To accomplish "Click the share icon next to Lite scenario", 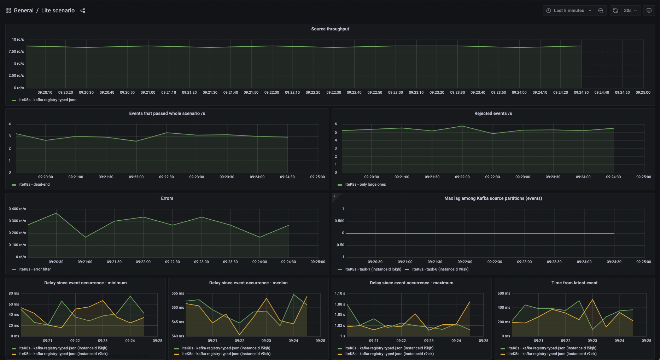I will [x=83, y=11].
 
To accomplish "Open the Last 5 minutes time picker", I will [x=568, y=11].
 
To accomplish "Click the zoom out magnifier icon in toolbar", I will [x=601, y=11].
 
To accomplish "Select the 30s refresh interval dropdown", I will [x=630, y=11].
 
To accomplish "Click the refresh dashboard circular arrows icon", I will [x=615, y=11].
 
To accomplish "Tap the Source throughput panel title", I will [x=330, y=29].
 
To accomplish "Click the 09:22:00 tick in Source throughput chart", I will [x=271, y=92].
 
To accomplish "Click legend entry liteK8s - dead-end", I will [x=34, y=185].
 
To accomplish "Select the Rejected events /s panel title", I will [x=493, y=114].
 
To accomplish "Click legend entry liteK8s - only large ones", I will [x=365, y=185].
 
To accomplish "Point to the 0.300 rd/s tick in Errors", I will [x=17, y=221].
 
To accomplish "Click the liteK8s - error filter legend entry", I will [x=34, y=269].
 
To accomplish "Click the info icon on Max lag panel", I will [x=334, y=196].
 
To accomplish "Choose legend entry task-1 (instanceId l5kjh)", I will [x=373, y=269].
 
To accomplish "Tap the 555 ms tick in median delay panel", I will [x=177, y=294].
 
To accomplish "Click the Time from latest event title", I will [x=574, y=283].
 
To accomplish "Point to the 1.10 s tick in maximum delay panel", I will [x=340, y=294].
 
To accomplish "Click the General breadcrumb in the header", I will [x=23, y=11].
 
